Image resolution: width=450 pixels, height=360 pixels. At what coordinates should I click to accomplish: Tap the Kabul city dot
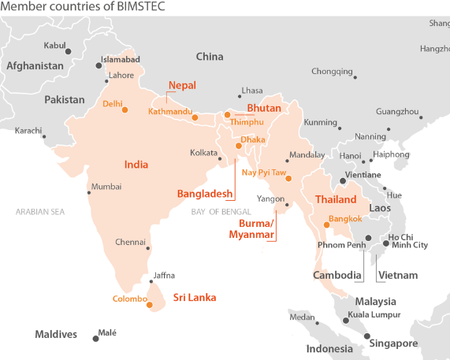click(68, 52)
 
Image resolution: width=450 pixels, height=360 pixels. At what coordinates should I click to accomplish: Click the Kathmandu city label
click(169, 111)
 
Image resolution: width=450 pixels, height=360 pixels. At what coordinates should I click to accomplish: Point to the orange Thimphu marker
click(227, 115)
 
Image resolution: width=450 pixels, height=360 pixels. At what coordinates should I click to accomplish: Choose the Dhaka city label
click(253, 139)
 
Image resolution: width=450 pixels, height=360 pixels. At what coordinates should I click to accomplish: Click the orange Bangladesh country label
click(205, 193)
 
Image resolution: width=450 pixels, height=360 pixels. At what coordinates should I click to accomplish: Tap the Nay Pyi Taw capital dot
click(288, 179)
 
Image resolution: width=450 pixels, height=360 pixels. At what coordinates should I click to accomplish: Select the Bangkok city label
click(345, 218)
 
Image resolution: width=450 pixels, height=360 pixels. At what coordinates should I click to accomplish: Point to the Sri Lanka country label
click(195, 298)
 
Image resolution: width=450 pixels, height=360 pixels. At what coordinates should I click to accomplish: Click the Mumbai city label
click(106, 187)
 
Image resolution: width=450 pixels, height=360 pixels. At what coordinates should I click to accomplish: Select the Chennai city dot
click(149, 247)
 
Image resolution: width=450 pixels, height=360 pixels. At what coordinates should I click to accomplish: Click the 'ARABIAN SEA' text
click(40, 211)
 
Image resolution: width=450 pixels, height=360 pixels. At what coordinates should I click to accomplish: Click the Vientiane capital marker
click(343, 181)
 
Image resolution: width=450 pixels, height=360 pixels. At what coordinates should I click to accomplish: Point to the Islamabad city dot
click(99, 66)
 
